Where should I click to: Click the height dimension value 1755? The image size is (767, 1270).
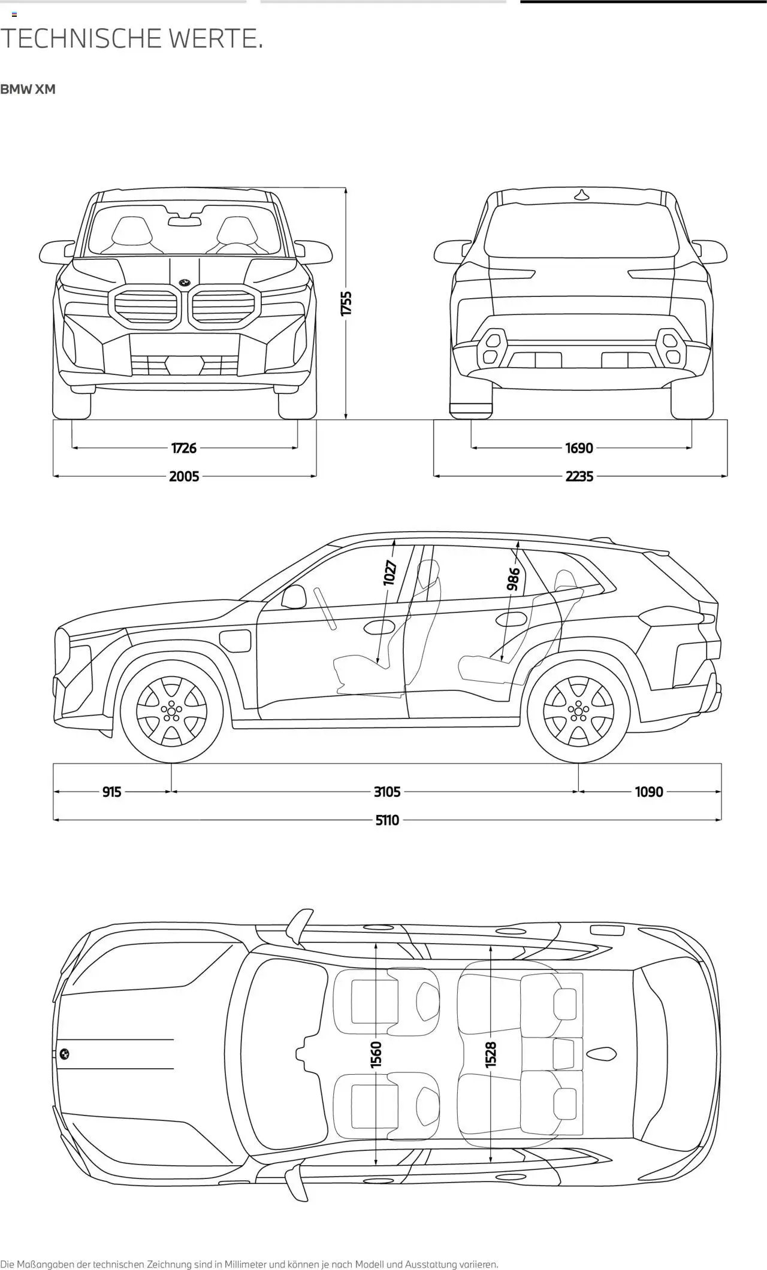point(346,304)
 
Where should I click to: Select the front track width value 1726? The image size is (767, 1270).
point(184,448)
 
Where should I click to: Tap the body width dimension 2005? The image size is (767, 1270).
point(184,477)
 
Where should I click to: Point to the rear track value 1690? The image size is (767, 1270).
point(579,448)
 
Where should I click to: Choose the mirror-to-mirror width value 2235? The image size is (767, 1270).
point(579,477)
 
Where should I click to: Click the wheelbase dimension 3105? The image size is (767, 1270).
point(387,792)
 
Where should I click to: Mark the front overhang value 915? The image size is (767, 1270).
point(111,792)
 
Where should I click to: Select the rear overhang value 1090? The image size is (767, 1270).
point(649,792)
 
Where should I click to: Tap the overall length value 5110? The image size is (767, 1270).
point(387,820)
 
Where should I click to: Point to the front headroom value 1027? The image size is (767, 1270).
point(390,573)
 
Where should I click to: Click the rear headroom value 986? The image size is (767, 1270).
point(513,579)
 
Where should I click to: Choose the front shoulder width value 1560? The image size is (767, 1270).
point(376,1054)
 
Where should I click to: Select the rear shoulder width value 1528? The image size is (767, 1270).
point(491,1054)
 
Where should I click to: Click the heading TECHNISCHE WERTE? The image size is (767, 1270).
point(132,39)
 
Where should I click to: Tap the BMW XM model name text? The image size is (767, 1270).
point(28,89)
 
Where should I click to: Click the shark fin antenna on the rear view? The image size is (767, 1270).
point(581,194)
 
